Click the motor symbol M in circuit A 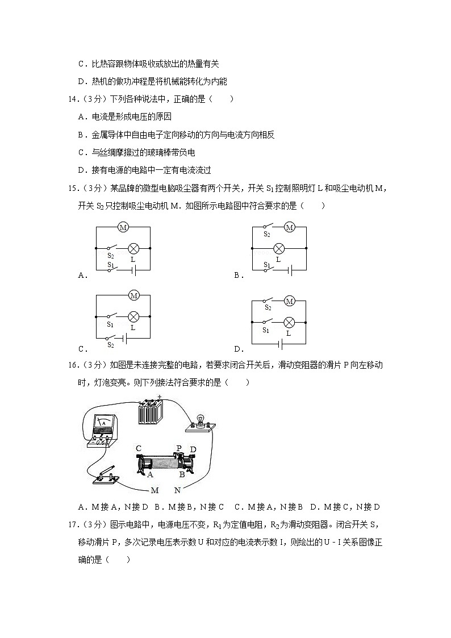(x=123, y=227)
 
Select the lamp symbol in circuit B (x=278, y=248)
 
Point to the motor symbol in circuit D (x=289, y=301)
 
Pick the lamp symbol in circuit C (x=133, y=316)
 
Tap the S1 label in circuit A (x=111, y=265)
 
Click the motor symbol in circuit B (x=290, y=227)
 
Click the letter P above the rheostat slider (x=179, y=448)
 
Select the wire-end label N (x=177, y=490)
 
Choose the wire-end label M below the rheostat (x=154, y=490)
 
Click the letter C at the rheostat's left (x=138, y=448)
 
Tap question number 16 (x=73, y=365)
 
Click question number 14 (x=73, y=99)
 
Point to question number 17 (x=73, y=525)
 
